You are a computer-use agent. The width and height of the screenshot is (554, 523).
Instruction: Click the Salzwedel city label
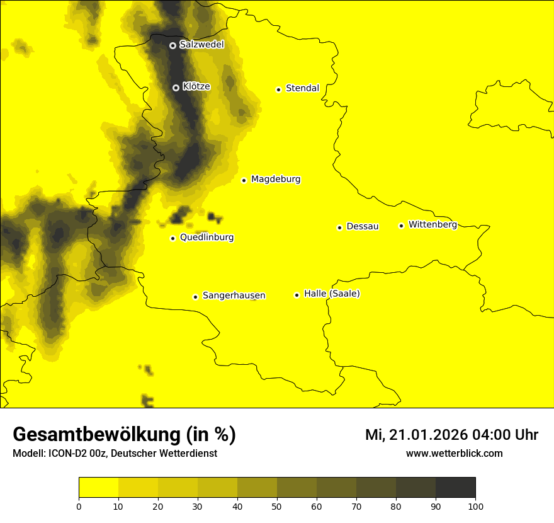coord(201,45)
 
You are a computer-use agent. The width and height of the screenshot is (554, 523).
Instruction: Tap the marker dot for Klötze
coord(176,88)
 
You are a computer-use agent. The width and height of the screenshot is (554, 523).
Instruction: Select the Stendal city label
coord(302,88)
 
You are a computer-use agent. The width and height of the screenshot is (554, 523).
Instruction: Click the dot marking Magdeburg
coord(244,180)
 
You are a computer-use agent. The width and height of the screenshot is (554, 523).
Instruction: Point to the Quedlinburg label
coord(206,238)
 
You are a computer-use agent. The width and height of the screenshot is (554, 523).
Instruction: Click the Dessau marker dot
coord(339,227)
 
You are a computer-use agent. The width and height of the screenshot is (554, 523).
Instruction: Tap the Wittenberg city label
coord(432,225)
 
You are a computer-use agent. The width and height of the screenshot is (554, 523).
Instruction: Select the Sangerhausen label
coord(234,296)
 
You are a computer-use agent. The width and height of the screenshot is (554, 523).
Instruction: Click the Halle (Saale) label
coord(332,294)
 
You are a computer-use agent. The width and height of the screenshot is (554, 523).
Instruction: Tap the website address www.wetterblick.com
coord(454,454)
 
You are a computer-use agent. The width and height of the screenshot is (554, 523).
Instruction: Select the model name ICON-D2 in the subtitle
coord(66,454)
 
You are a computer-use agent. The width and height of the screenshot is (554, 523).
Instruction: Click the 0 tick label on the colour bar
coord(79,507)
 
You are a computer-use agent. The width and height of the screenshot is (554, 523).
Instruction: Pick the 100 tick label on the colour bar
coord(475,507)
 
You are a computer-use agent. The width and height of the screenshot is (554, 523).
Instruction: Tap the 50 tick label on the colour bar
coord(277,507)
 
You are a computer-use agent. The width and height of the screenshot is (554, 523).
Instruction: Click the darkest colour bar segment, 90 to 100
coord(455,488)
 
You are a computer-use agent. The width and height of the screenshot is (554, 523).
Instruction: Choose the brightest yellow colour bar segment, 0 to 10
coord(99,488)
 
